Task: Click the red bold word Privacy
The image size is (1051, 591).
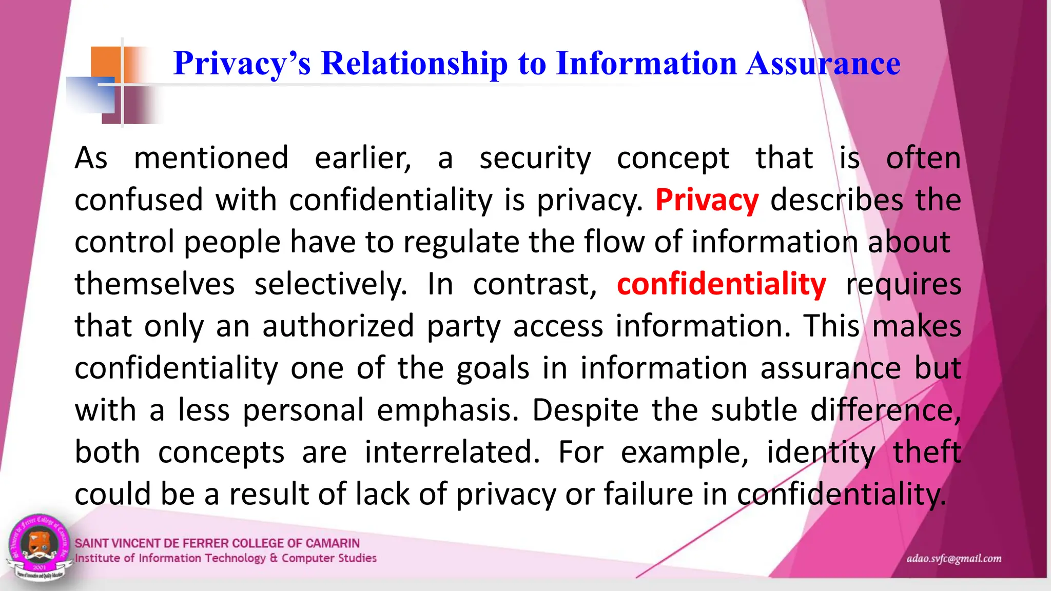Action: pyautogui.click(x=707, y=200)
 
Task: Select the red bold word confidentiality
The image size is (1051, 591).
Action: pyautogui.click(x=721, y=284)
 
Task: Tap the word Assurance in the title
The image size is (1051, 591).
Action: pyautogui.click(x=823, y=64)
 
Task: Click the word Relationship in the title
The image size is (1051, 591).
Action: pyautogui.click(x=414, y=64)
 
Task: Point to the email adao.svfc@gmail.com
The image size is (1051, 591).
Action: pyautogui.click(x=953, y=559)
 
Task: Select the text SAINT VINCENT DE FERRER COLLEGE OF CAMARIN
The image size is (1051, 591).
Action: pyautogui.click(x=217, y=543)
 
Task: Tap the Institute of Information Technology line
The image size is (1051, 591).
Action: pyautogui.click(x=226, y=558)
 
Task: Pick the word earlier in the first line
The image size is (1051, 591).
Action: pyautogui.click(x=363, y=158)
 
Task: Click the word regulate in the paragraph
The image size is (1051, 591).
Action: pyautogui.click(x=460, y=242)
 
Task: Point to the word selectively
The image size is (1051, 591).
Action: pyautogui.click(x=330, y=284)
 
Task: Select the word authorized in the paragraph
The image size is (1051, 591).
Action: pyautogui.click(x=338, y=326)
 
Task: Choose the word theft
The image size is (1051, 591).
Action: pyautogui.click(x=926, y=452)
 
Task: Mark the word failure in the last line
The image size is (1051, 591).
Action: pyautogui.click(x=648, y=495)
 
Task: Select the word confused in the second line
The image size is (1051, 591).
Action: pyautogui.click(x=139, y=200)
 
